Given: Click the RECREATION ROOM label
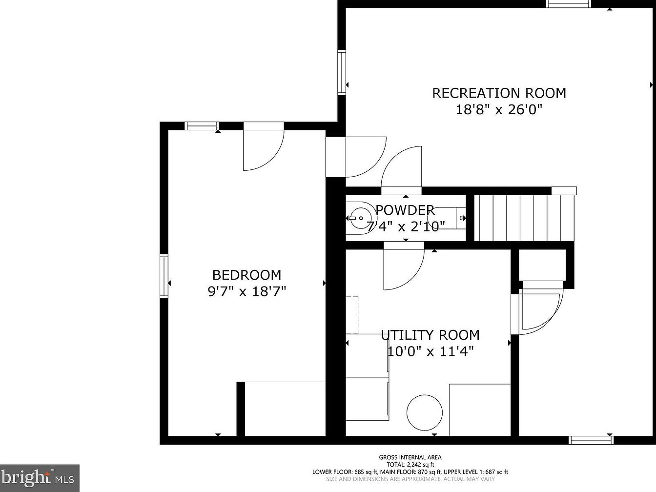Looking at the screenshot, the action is click(499, 93).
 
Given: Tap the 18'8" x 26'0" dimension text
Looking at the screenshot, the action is click(499, 110).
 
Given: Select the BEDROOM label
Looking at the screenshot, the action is click(246, 275).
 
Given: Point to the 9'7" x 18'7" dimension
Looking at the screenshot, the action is click(247, 291).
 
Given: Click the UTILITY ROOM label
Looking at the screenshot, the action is click(430, 335).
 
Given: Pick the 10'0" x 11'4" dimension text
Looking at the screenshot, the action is click(430, 351).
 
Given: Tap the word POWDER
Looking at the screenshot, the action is click(405, 210).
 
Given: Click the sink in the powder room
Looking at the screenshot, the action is click(361, 218).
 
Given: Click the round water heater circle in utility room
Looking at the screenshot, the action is click(424, 413).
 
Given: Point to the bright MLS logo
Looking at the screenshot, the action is click(40, 478).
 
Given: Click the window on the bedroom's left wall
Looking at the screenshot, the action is click(164, 276).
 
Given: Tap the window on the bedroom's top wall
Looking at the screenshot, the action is click(202, 126).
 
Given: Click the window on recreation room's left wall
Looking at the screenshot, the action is click(342, 73).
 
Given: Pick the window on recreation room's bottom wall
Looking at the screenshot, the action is click(591, 440).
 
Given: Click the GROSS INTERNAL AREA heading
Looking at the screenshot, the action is click(410, 457).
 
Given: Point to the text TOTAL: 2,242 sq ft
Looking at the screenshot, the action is click(410, 465).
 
